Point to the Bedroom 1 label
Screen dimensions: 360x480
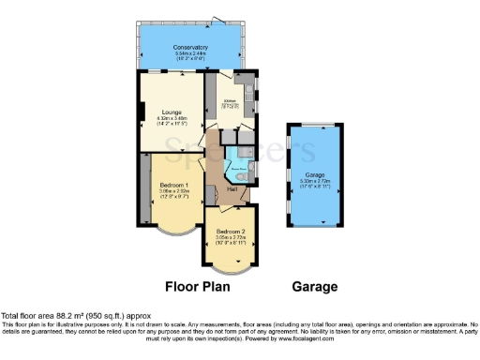173,186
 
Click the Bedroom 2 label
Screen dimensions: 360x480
231,231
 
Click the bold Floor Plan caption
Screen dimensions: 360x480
199,286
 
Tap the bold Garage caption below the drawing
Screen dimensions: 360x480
313,286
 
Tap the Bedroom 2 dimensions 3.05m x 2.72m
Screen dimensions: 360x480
231,238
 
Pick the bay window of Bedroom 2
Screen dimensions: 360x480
231,267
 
